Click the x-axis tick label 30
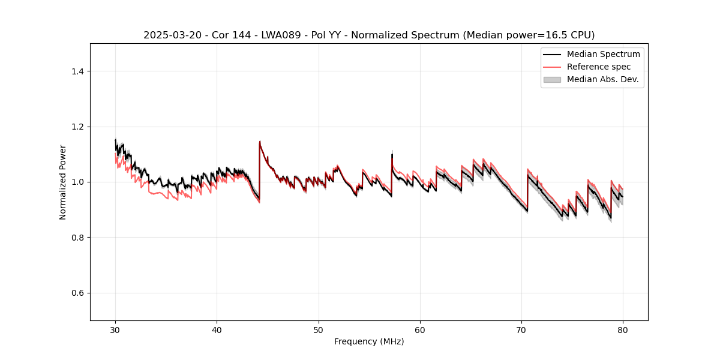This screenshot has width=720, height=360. tap(115, 329)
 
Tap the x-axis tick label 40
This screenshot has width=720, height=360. tap(217, 329)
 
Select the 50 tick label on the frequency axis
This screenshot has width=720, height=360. tap(319, 329)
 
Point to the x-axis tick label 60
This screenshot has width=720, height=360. tap(420, 329)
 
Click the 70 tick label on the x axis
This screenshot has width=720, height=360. tap(521, 329)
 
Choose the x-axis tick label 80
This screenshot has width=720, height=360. tap(623, 329)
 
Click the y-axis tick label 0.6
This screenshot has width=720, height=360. tap(78, 293)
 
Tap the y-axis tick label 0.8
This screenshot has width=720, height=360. tap(78, 238)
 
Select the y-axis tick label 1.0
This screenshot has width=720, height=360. tap(78, 182)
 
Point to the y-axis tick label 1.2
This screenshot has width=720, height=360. tap(78, 127)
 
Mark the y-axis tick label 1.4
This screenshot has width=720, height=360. tap(78, 71)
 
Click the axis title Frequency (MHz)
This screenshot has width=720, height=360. tap(369, 341)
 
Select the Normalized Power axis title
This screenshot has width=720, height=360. tap(63, 182)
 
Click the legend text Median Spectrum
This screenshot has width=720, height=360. tap(603, 54)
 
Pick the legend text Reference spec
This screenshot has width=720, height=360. tap(599, 67)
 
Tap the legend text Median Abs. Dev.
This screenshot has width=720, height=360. tap(602, 79)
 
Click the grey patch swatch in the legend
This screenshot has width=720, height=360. tap(552, 79)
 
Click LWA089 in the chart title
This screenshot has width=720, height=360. tap(266, 35)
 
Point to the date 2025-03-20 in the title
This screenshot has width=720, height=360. tap(170, 35)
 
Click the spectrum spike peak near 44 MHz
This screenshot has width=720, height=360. tap(260, 142)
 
